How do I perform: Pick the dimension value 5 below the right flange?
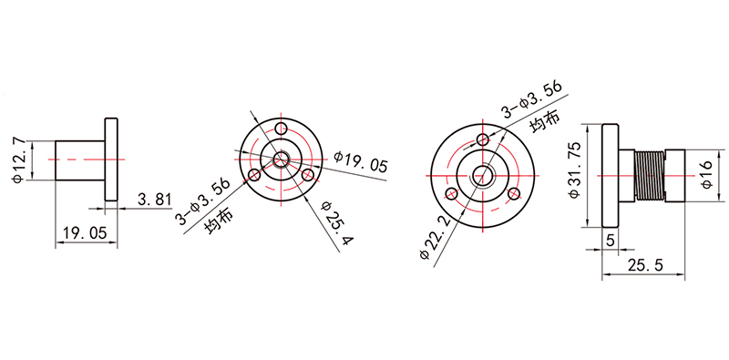[x=609, y=241]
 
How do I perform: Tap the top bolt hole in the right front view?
[x=483, y=139]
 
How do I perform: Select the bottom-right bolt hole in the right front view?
[x=513, y=192]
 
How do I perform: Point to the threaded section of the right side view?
[x=650, y=175]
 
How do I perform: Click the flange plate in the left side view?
[x=111, y=160]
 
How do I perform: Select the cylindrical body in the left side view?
[x=80, y=160]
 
